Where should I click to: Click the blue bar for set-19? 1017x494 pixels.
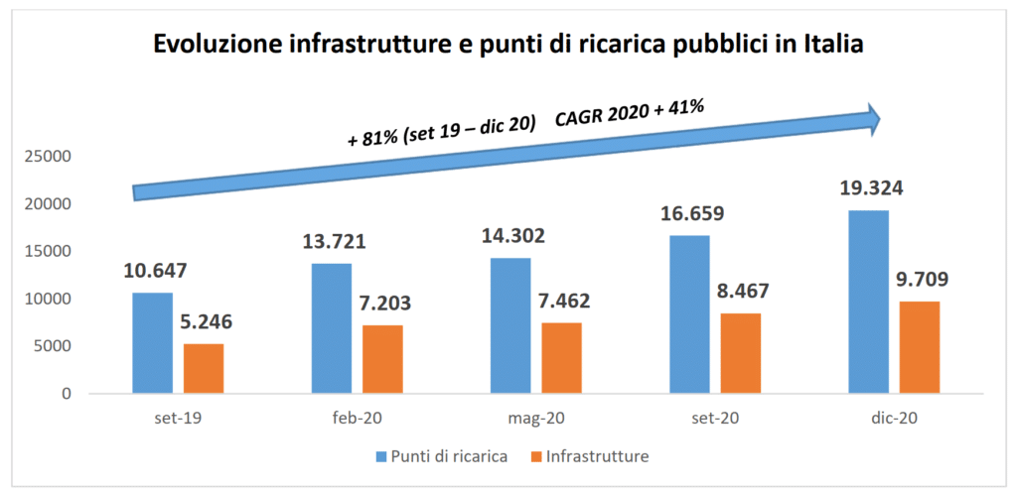152,342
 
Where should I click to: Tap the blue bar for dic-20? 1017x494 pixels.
869,302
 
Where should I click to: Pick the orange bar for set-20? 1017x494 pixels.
741,353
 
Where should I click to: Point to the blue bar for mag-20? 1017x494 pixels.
510,325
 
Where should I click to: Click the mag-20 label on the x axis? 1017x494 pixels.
535,419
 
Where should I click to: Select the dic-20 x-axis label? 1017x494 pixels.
894,419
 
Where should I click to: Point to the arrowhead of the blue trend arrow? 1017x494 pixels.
873,118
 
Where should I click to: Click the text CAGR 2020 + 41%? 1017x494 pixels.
630,113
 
